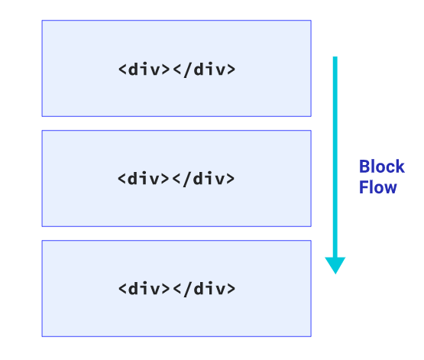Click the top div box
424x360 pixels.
[176, 69]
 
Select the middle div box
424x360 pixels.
[176, 179]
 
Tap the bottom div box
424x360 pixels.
[176, 289]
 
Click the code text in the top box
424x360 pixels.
[176, 70]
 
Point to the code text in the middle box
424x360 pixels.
[176, 179]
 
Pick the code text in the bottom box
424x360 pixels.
[176, 289]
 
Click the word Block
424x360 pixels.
[381, 167]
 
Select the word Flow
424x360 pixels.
[377, 187]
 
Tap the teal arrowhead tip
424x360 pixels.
[335, 274]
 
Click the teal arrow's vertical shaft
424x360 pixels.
[335, 157]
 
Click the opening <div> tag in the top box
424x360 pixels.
[144, 70]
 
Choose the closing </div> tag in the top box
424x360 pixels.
[204, 70]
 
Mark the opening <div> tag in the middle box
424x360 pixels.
[144, 179]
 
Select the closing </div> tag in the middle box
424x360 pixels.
[203, 179]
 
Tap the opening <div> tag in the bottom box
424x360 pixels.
[144, 289]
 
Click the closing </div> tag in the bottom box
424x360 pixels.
[204, 289]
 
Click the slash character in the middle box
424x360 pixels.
[187, 180]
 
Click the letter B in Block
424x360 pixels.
[364, 167]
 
